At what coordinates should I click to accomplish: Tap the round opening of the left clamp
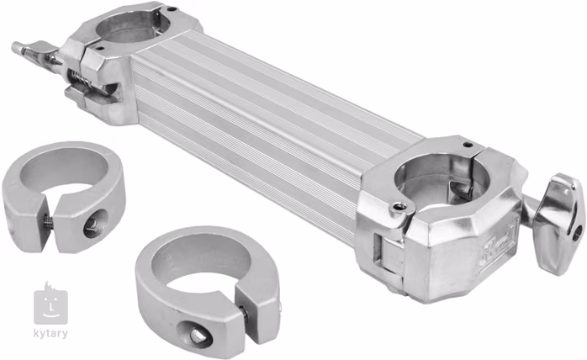[x=128, y=24]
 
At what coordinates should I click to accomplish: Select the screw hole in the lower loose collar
[x=198, y=336]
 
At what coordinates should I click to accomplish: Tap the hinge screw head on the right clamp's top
[x=400, y=206]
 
